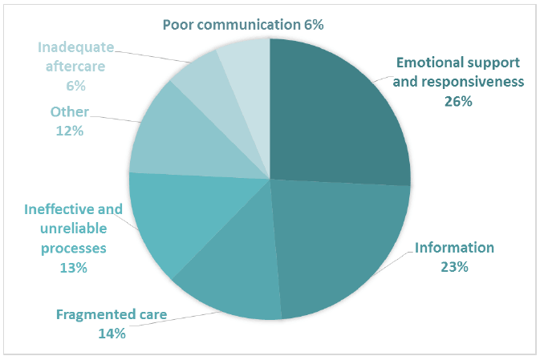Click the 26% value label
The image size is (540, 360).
click(x=458, y=102)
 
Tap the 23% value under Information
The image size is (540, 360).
click(x=454, y=267)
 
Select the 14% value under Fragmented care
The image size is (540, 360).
click(x=112, y=334)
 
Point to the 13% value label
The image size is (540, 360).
click(x=73, y=268)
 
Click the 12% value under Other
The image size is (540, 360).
click(x=70, y=131)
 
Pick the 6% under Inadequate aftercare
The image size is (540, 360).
click(x=75, y=85)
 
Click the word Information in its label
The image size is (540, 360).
click(x=454, y=248)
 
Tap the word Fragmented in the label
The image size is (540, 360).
click(x=91, y=315)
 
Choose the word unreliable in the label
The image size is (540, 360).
click(x=74, y=229)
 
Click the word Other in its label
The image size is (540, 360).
click(x=70, y=112)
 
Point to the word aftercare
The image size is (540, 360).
click(x=75, y=66)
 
